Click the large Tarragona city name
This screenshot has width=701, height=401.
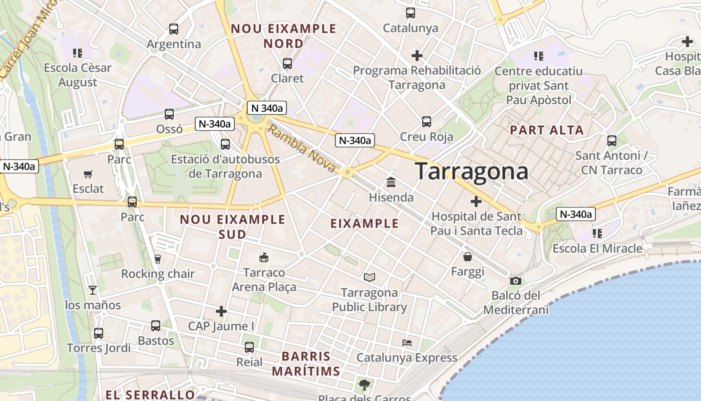(471, 171)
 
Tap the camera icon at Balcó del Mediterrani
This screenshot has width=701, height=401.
(516, 281)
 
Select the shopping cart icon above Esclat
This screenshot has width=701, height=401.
(88, 174)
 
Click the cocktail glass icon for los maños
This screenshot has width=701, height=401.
(93, 290)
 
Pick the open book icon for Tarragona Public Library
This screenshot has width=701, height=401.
(370, 277)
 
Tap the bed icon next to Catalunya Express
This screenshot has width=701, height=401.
(407, 343)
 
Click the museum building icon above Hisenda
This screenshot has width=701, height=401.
(391, 182)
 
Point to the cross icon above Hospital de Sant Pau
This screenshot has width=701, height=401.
(476, 202)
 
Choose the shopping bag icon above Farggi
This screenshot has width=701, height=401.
(468, 257)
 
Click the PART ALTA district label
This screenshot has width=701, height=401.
(547, 130)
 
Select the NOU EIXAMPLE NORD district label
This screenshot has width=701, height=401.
(283, 36)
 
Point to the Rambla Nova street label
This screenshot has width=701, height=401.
(301, 149)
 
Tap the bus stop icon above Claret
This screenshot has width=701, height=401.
(287, 64)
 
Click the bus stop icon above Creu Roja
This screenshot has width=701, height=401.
(427, 122)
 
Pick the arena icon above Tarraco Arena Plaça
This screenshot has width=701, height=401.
(263, 258)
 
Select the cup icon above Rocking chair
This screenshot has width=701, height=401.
(158, 259)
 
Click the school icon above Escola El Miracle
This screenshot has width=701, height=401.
(597, 233)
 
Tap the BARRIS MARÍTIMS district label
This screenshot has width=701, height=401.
(306, 364)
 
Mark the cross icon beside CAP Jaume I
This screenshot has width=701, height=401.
(221, 311)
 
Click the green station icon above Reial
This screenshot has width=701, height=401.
(249, 347)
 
